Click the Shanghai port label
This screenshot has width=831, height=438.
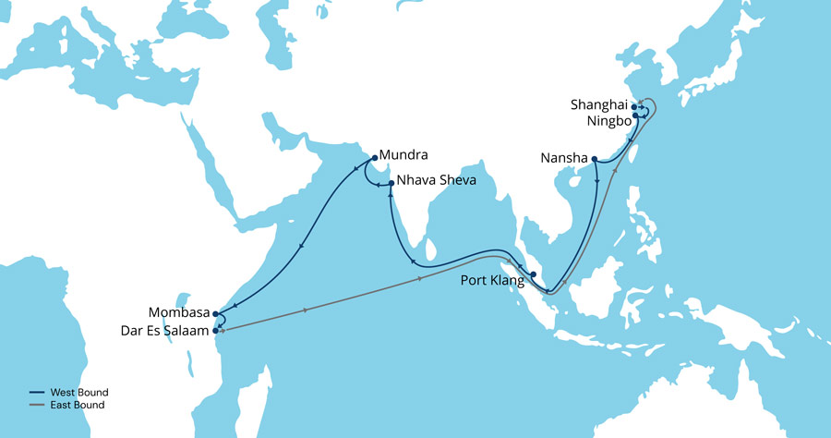click(x=597, y=106)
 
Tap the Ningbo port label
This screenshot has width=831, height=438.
click(x=607, y=121)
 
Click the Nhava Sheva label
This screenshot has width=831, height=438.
click(x=436, y=181)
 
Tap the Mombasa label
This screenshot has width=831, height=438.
click(x=178, y=312)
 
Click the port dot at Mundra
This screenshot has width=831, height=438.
click(x=373, y=155)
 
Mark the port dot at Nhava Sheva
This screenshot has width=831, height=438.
click(x=391, y=184)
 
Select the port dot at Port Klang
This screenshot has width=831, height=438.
click(x=534, y=274)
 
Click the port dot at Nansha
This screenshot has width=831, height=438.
click(x=595, y=159)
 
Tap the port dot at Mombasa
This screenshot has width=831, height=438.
click(x=215, y=313)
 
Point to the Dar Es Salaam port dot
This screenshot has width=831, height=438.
click(x=216, y=330)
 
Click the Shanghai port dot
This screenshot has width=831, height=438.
click(x=634, y=107)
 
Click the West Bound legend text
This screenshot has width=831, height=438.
click(x=82, y=393)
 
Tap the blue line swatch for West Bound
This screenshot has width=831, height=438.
click(x=36, y=394)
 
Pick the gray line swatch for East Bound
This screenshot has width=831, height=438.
click(x=36, y=406)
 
